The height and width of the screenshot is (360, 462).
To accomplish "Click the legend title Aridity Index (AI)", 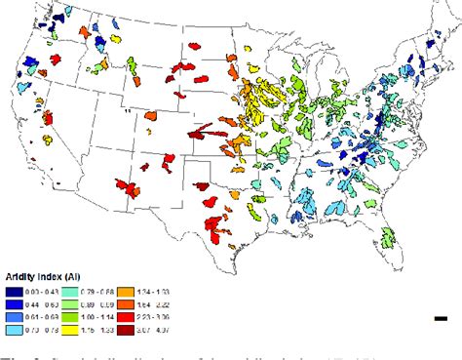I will (x=43, y=276).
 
